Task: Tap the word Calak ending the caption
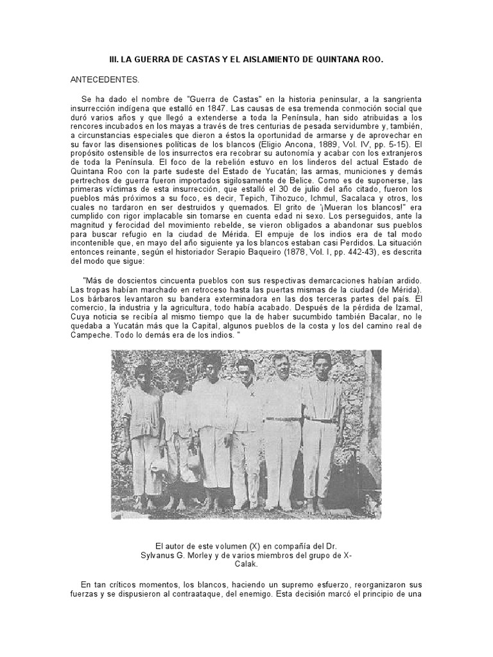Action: pos(246,565)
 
